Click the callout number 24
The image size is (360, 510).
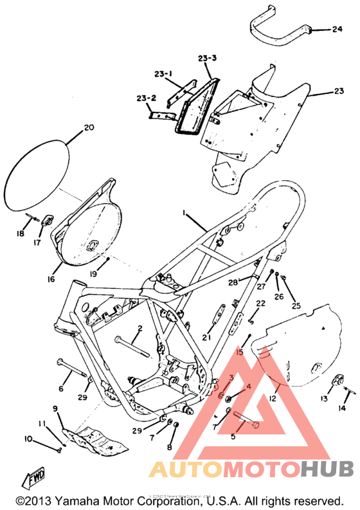pos(337,29)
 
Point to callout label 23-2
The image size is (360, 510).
pos(146,98)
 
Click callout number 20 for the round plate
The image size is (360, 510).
pos(88,127)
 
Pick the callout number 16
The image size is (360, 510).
pos(50,280)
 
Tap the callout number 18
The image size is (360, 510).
pos(21,234)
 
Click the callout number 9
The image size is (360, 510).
pos(55,408)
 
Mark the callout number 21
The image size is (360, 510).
pos(206,337)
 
